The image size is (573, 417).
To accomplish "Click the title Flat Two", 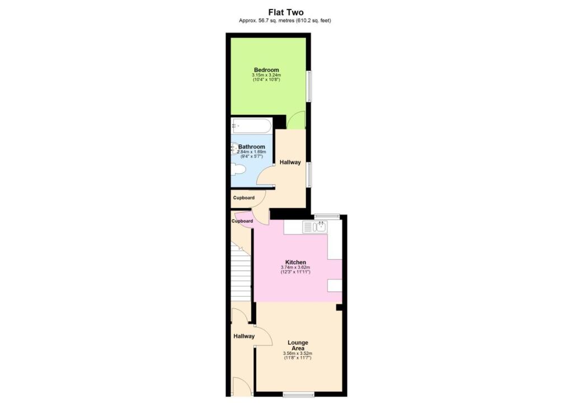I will tap(286, 12).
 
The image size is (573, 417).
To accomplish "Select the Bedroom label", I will tap(266, 70).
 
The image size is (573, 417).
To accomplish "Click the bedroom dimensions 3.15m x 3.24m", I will tap(266, 76).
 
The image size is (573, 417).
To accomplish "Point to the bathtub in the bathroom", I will tap(251, 125).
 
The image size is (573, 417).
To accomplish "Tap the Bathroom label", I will tap(251, 147).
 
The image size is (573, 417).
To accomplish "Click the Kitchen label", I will tap(295, 262).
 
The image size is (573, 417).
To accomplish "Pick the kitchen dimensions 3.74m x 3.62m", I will tap(295, 268).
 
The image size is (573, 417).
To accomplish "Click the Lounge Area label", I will tap(298, 345).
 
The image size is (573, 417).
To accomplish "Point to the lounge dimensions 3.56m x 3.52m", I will tap(298, 353).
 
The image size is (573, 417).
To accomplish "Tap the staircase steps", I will tap(241, 274).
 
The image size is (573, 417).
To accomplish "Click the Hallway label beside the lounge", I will tap(244, 336).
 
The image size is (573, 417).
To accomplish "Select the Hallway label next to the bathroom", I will tap(290, 162).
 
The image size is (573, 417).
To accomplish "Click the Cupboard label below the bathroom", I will tap(244, 198).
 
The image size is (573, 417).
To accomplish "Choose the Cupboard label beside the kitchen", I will tap(242, 221).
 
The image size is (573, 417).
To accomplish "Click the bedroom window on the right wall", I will tap(308, 86).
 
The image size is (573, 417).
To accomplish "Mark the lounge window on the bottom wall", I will tap(298, 395).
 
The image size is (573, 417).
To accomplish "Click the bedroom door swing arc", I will tap(295, 118).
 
